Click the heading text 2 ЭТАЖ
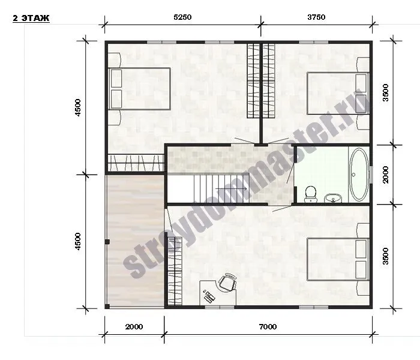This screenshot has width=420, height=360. tap(31, 18)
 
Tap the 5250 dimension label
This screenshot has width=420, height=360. tap(182, 17)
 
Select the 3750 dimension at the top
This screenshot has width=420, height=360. tap(316, 17)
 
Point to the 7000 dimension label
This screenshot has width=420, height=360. tap(268, 326)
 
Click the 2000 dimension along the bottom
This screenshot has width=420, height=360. tap(134, 326)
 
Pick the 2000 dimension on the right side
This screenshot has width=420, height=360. tap(385, 175)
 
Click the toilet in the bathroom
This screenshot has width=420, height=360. tap(311, 194)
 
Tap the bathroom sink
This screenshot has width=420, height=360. tap(333, 198)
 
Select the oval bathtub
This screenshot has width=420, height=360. tap(359, 175)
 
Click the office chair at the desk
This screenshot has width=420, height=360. tap(227, 282)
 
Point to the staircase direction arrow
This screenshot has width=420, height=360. tap(231, 188)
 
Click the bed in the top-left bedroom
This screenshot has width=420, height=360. tap(139, 89)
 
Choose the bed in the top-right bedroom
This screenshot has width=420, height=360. tap(338, 93)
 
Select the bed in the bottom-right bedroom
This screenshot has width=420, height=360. tap(338, 259)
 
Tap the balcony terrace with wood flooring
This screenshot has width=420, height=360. tap(135, 242)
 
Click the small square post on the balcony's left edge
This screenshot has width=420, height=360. tap(107, 242)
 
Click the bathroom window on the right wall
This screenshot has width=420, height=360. tap(371, 175)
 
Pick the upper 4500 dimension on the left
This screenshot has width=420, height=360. tap(77, 107)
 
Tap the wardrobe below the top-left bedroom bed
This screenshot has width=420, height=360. tap(136, 163)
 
